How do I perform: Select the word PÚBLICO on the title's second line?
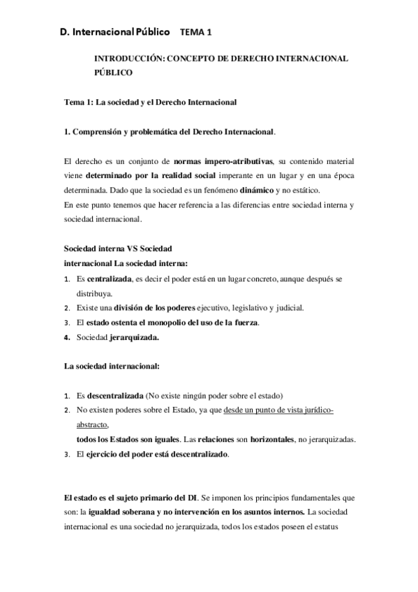pyautogui.click(x=112, y=72)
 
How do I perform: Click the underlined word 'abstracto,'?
pyautogui.click(x=93, y=424)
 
